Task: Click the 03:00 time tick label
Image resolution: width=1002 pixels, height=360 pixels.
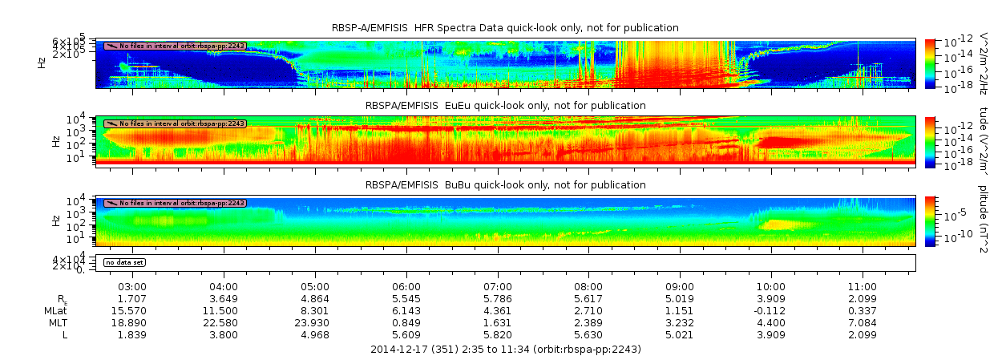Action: coord(131,286)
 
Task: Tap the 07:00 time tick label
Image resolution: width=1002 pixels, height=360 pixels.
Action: coord(498,286)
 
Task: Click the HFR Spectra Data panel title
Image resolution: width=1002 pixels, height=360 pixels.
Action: coord(505,28)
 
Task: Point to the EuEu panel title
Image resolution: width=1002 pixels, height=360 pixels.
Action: coord(505,105)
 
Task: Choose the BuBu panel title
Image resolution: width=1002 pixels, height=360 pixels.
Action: coord(505,185)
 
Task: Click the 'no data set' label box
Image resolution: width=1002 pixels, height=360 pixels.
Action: coord(124,262)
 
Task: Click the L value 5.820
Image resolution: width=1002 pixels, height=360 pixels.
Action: coord(498,334)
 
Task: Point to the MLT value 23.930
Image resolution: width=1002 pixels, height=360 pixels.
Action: coord(314,322)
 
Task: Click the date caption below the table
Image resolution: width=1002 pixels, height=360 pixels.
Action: coord(505,350)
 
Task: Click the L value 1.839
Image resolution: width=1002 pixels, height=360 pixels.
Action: coord(131,334)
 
